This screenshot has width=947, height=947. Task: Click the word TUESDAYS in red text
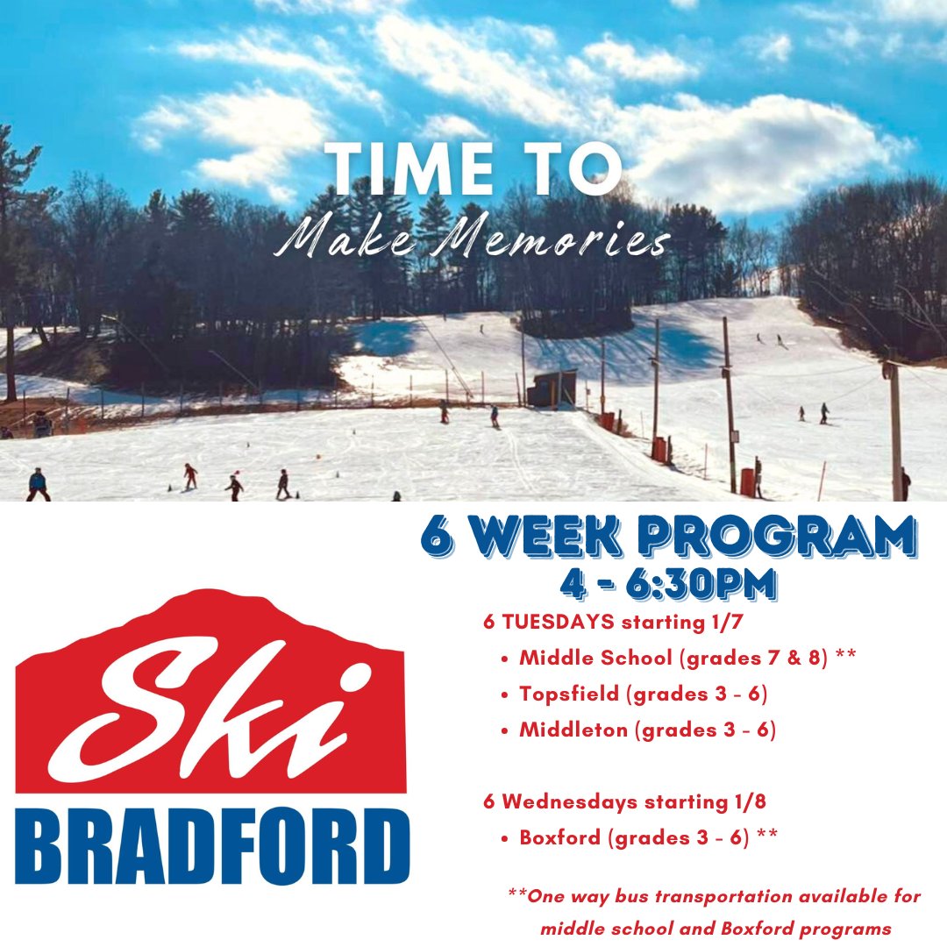557,623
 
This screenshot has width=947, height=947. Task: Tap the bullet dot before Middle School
504,659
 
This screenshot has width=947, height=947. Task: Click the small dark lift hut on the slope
552,388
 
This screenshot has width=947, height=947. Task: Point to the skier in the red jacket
189,475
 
